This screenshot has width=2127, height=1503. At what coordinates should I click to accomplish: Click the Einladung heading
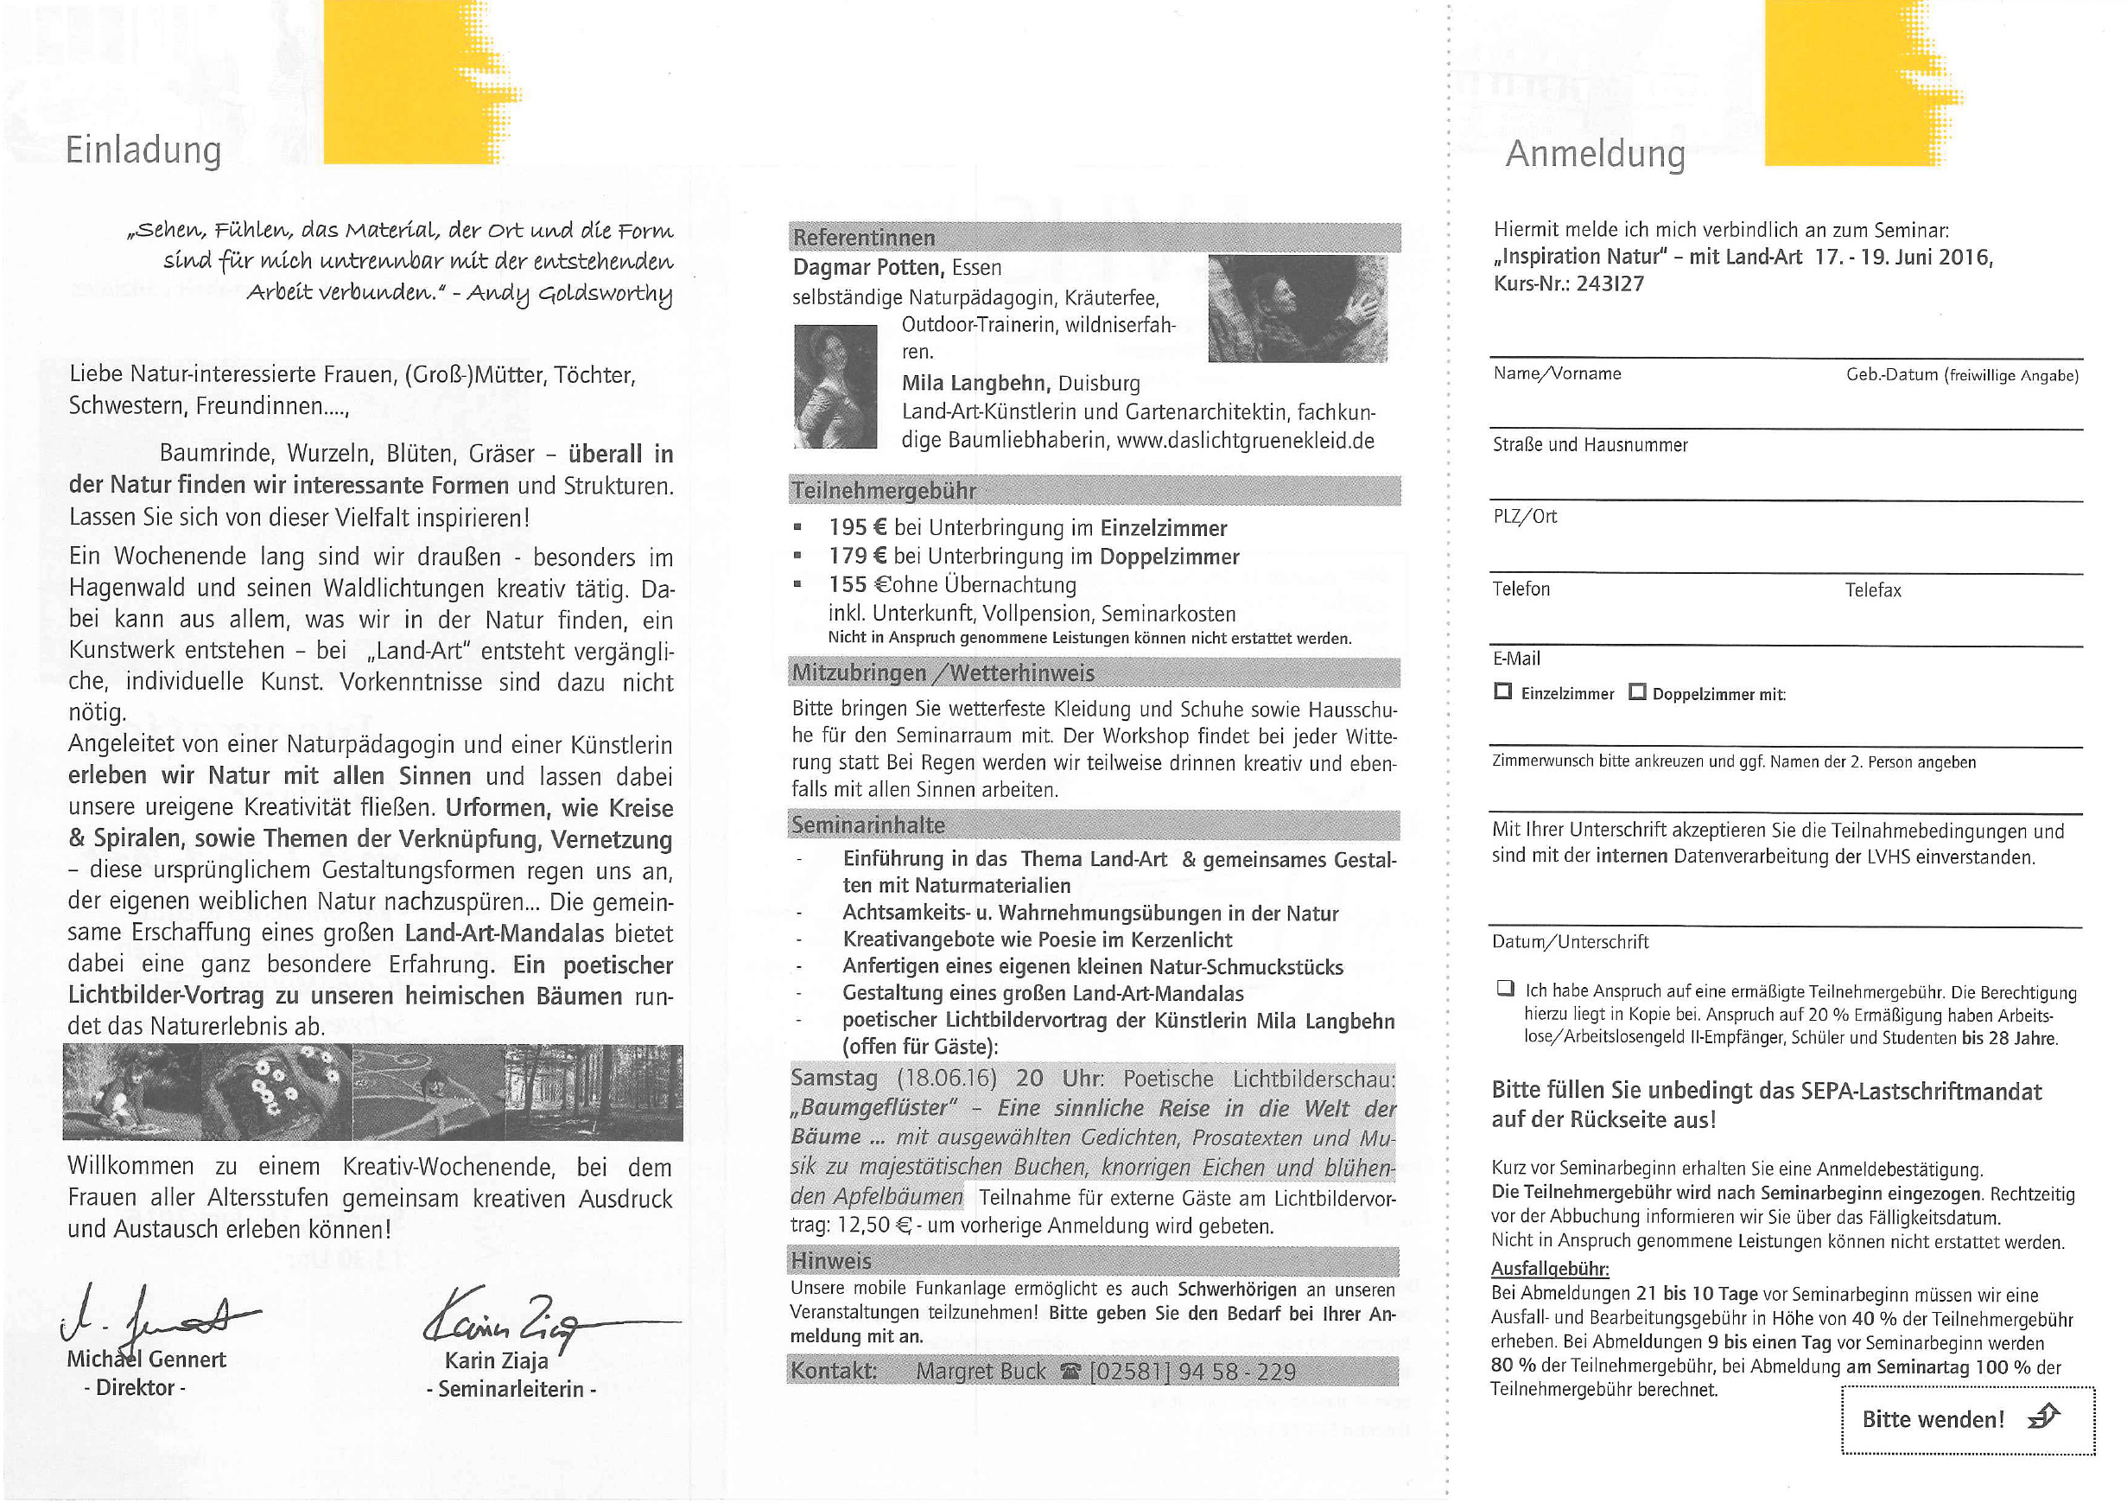click(143, 150)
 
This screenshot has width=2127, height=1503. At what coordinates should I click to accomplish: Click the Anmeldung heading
click(1594, 154)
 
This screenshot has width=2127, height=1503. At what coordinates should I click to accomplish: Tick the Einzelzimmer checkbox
click(1502, 691)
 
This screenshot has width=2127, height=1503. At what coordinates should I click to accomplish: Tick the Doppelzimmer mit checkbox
click(1637, 691)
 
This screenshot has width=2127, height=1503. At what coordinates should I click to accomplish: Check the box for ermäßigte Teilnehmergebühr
click(1504, 988)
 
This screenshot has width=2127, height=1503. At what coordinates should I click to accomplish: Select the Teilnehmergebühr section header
click(884, 490)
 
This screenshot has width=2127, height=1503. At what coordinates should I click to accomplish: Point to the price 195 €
click(857, 527)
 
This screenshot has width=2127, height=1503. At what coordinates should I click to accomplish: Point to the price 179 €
click(857, 556)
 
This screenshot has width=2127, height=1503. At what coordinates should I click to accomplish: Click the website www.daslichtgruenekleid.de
click(1245, 440)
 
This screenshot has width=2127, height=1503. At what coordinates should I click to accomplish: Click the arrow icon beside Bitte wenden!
click(2042, 1416)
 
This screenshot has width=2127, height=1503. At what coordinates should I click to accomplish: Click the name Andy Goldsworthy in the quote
click(568, 294)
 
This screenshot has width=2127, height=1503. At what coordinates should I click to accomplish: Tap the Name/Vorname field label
click(1556, 373)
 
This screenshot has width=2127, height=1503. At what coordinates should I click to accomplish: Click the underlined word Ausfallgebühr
click(1549, 1269)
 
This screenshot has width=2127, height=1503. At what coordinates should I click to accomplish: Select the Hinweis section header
click(830, 1261)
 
